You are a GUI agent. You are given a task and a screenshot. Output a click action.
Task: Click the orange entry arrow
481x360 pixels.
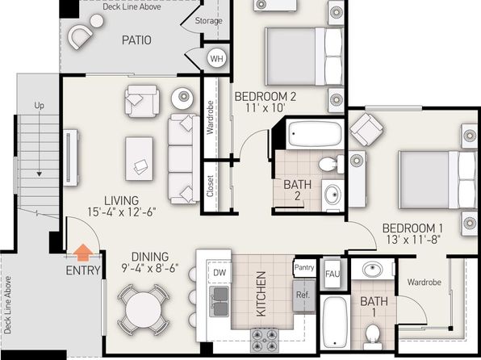(x=83, y=253)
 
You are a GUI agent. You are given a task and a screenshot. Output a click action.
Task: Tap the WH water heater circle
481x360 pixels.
(x=217, y=58)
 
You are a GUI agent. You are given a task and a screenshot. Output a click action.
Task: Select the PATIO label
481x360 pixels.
(x=136, y=40)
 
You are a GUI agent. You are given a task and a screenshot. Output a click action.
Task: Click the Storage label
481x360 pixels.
(x=208, y=21)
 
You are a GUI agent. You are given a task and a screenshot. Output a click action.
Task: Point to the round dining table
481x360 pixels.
(x=144, y=310)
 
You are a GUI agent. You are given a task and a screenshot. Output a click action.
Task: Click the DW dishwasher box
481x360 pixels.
(x=220, y=272)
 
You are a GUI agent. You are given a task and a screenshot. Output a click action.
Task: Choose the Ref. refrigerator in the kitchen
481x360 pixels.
(x=303, y=295)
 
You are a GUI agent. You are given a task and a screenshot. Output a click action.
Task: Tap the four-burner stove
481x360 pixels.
(x=265, y=340)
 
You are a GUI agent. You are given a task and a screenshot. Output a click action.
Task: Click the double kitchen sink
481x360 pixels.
(x=220, y=301)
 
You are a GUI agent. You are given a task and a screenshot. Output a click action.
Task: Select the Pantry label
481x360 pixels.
(x=304, y=267)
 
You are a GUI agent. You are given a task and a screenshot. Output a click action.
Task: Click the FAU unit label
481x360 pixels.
(x=333, y=274)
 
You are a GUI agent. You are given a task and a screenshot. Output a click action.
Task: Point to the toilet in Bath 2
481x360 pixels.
(x=331, y=165)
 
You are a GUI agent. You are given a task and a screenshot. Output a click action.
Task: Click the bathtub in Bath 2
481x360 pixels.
(x=315, y=134)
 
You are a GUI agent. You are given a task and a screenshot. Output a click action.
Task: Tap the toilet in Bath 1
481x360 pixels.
(x=373, y=337)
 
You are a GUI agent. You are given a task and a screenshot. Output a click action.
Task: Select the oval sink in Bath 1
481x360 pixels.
(x=372, y=270)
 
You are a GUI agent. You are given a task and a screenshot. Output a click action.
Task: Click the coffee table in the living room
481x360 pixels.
(x=139, y=159)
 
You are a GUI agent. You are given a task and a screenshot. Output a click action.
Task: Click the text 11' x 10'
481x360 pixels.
(x=266, y=107)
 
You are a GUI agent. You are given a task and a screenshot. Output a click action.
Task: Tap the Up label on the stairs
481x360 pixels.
(x=39, y=106)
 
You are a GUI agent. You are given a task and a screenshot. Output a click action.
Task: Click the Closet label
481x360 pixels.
(x=210, y=186)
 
